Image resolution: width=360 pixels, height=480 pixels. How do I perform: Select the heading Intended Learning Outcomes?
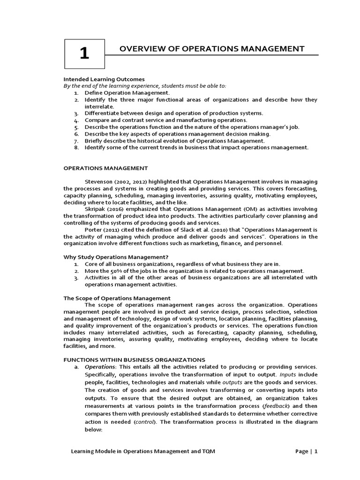[x=104, y=79]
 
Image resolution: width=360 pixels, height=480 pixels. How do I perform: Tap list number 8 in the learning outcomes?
[x=76, y=147]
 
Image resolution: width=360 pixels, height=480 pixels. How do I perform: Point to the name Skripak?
[x=96, y=209]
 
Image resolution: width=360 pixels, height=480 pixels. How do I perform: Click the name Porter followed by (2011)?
[x=94, y=229]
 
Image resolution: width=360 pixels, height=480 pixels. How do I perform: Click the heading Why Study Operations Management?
[x=115, y=257]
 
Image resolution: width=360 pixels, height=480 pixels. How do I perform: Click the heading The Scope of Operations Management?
[x=117, y=298]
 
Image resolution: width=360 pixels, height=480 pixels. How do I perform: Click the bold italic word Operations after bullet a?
[x=99, y=366]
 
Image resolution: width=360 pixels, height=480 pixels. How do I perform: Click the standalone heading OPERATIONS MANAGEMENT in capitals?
[x=105, y=168]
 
